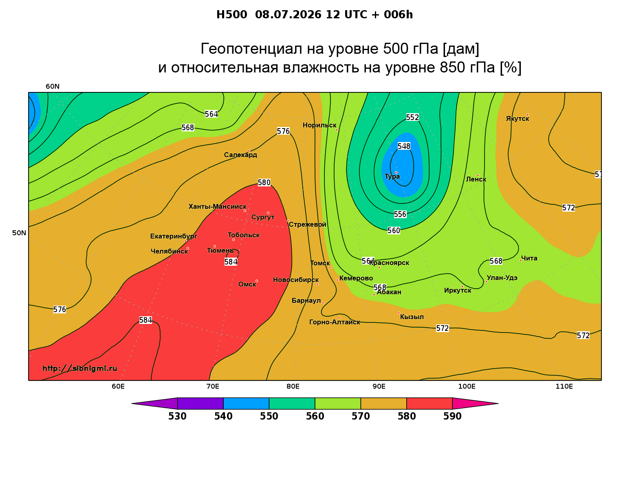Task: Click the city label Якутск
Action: click(517, 119)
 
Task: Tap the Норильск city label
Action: click(319, 125)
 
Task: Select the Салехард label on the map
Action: click(240, 155)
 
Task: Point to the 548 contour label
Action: click(403, 146)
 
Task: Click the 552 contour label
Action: click(412, 117)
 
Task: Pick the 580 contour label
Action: click(264, 182)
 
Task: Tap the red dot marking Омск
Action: click(257, 281)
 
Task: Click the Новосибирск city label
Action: click(295, 280)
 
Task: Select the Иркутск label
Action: click(457, 290)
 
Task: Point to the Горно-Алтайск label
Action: click(334, 322)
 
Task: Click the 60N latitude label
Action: click(53, 86)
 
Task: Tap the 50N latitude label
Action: click(19, 233)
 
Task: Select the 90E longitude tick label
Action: click(379, 386)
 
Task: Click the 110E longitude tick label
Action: click(564, 386)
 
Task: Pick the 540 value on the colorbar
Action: click(223, 416)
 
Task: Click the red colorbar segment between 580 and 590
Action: click(429, 403)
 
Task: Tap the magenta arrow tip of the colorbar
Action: click(498, 403)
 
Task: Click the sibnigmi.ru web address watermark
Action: click(80, 368)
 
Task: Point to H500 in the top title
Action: click(231, 15)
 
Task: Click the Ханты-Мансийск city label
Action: click(217, 206)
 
